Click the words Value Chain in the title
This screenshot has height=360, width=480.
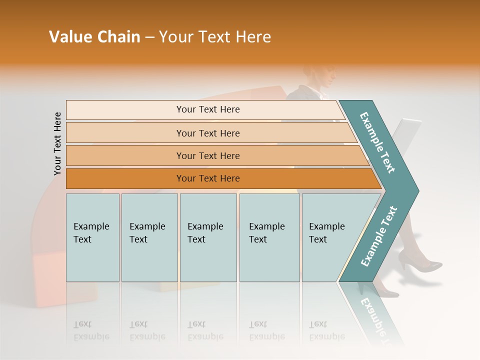pos(94,37)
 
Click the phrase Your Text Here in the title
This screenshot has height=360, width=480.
pos(215,37)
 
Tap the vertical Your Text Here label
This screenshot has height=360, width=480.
pos(57,143)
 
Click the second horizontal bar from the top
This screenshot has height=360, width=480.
pos(207,133)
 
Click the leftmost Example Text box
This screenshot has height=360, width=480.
pos(92,237)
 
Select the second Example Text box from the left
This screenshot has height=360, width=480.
pos(149,237)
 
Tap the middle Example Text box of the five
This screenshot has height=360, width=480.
pos(208,237)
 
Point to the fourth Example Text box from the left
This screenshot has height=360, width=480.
pos(269,237)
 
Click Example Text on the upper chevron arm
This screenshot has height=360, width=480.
pos(377,142)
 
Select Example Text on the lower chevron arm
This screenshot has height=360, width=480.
pos(378,236)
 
